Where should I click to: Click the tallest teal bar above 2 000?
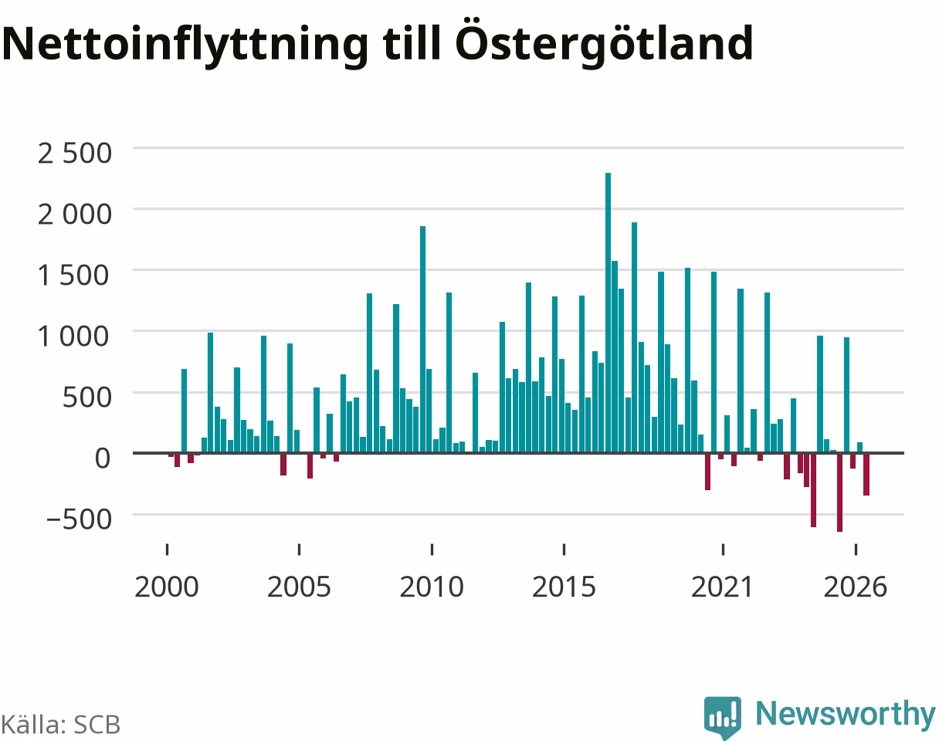tap(608, 313)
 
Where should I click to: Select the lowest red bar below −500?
tap(839, 492)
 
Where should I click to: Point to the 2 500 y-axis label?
tap(75, 154)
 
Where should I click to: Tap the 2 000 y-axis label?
tap(75, 215)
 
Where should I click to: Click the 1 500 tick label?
tap(73, 276)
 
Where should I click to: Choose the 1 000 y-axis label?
tap(73, 337)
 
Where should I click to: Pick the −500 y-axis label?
tap(79, 519)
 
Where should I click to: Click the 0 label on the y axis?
tap(103, 458)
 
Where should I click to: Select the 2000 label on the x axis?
tap(167, 587)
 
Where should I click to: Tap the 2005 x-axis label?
tap(299, 587)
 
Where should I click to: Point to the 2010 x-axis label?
tap(432, 587)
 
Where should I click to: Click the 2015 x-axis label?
tap(564, 587)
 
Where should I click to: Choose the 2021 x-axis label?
tap(723, 587)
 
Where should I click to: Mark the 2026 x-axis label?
tap(856, 587)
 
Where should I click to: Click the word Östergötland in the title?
tap(604, 42)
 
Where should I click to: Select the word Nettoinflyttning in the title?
tap(185, 45)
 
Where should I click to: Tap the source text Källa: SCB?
tap(61, 725)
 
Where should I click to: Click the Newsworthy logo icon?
tap(723, 717)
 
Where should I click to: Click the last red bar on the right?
tap(866, 475)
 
